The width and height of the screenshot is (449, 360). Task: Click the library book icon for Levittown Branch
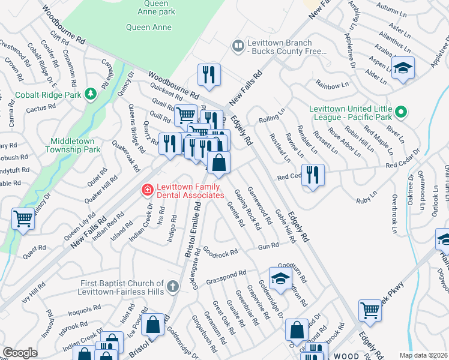(x=238, y=46)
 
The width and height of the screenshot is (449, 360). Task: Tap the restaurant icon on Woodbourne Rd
(x=209, y=74)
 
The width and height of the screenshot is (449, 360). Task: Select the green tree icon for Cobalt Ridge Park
(x=90, y=94)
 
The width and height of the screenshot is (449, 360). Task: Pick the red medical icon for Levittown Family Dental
(x=146, y=191)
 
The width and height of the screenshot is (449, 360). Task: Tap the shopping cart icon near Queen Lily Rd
(x=23, y=218)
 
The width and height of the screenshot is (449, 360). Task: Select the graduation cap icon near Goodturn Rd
(x=280, y=277)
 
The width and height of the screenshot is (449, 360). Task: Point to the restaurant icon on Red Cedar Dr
(x=313, y=175)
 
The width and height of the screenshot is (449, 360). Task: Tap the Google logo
(x=19, y=353)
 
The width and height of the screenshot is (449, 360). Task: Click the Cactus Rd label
(x=41, y=109)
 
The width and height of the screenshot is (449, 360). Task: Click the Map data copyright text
(x=423, y=355)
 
